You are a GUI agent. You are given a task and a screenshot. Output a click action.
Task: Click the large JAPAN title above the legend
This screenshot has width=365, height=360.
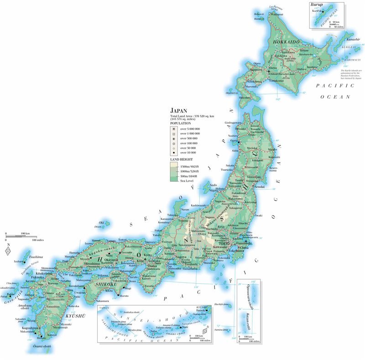pyautogui.click(x=178, y=111)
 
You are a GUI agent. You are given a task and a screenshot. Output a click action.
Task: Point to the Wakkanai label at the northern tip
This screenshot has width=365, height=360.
pyautogui.click(x=276, y=14)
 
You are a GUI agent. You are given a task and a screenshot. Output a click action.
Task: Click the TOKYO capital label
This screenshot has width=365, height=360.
pyautogui.click(x=224, y=244)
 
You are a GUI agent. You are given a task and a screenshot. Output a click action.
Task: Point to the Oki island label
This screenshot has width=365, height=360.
pyautogui.click(x=102, y=222)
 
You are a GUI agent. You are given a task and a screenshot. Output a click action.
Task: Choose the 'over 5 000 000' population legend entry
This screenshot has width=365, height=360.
pyautogui.click(x=190, y=129)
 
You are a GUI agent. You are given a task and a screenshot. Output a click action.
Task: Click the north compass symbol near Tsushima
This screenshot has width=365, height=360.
pyautogui.click(x=8, y=251)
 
